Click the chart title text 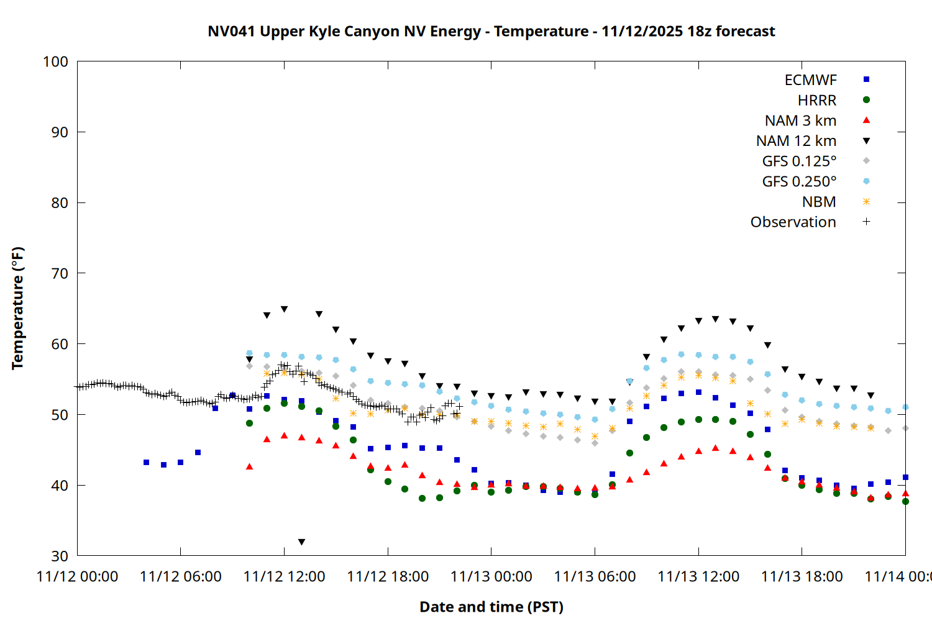point(491,31)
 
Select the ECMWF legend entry point(810,80)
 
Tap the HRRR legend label point(816,101)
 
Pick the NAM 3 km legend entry point(800,120)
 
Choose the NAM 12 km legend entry point(796,141)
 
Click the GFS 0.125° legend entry point(799,161)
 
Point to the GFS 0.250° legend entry point(799,182)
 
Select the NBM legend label point(819,202)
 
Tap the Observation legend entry point(793,222)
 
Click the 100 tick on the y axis point(55,61)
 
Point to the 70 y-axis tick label point(60,273)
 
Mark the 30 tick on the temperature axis point(60,556)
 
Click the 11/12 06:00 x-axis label point(181,577)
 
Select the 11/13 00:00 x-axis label point(491,577)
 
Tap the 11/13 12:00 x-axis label point(698,577)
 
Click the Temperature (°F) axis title point(17,308)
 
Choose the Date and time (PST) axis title point(491,607)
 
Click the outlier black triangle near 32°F point(301,542)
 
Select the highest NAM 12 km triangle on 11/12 point(284,309)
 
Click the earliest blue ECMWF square point(146,463)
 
